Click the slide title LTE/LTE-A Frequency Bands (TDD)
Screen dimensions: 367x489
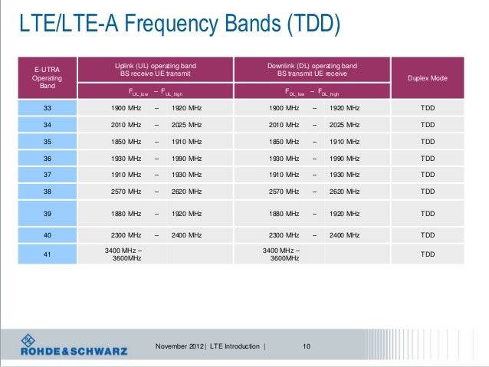click(179, 25)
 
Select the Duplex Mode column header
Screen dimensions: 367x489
click(428, 79)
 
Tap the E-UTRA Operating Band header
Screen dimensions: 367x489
click(48, 79)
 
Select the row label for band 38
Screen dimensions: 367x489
click(48, 191)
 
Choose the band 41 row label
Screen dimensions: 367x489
click(48, 254)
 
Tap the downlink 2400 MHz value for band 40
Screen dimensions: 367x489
click(344, 235)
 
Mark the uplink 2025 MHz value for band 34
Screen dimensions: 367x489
click(186, 125)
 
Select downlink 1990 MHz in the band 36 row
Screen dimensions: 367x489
click(344, 158)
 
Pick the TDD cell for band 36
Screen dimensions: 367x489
click(428, 158)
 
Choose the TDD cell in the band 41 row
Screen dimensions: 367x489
click(428, 254)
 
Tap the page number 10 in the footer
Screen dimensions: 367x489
click(307, 347)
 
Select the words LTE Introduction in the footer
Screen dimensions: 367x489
click(235, 347)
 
